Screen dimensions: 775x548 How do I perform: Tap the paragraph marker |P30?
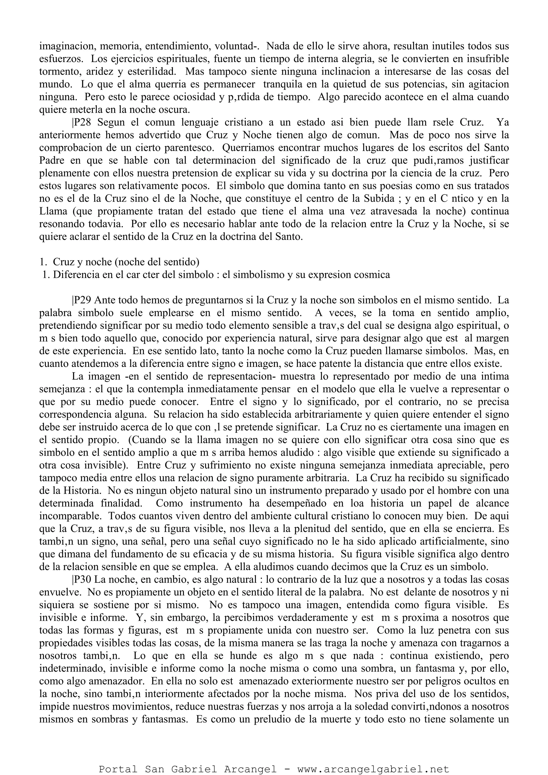click(81, 580)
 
